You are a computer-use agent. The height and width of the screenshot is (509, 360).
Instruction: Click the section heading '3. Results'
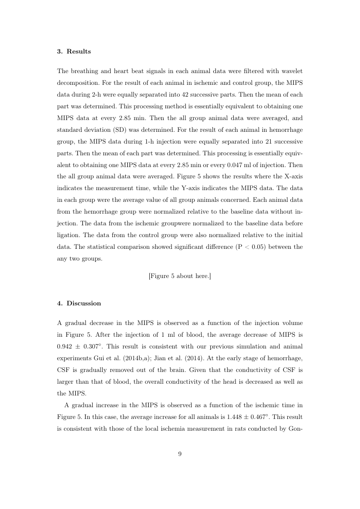click(x=74, y=51)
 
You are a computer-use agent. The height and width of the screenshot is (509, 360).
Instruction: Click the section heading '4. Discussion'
click(x=79, y=303)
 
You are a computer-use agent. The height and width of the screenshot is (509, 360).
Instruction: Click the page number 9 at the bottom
click(x=180, y=454)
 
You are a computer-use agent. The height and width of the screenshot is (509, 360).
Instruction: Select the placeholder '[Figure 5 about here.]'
click(x=180, y=276)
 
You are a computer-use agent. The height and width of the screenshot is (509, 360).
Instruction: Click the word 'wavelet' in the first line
click(x=292, y=70)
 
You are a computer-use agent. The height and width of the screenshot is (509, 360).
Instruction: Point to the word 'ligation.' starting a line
click(x=69, y=235)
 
